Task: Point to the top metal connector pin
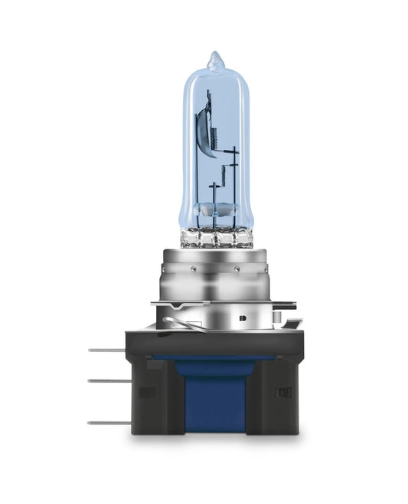[x=106, y=350]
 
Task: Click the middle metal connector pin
[x=106, y=380]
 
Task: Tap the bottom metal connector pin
[x=106, y=423]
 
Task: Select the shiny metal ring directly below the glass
[x=214, y=253]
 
